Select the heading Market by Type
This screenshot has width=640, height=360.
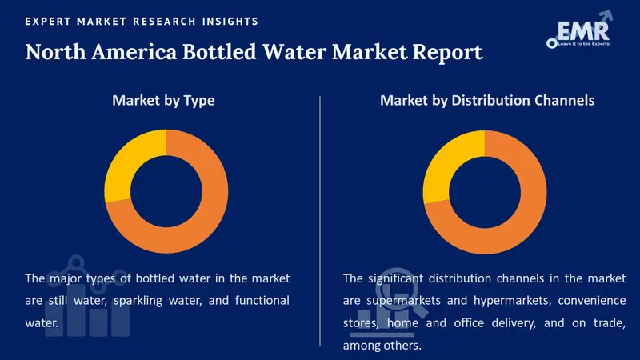click(163, 101)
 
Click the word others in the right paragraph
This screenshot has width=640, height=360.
click(402, 346)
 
